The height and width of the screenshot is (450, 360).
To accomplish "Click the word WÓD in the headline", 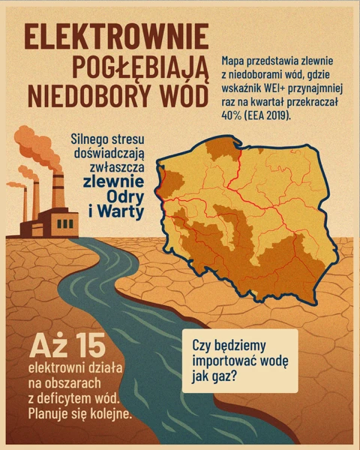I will tap(176, 96).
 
